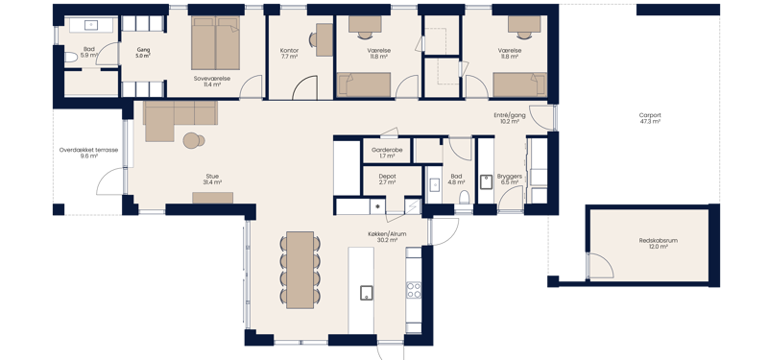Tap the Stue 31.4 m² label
(x=212, y=179)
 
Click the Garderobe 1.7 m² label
(x=387, y=153)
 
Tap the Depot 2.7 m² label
(x=387, y=179)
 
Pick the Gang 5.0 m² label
(x=144, y=53)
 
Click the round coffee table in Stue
(x=194, y=140)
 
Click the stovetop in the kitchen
(x=414, y=288)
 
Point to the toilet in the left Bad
(x=69, y=58)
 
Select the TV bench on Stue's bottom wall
(x=212, y=198)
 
